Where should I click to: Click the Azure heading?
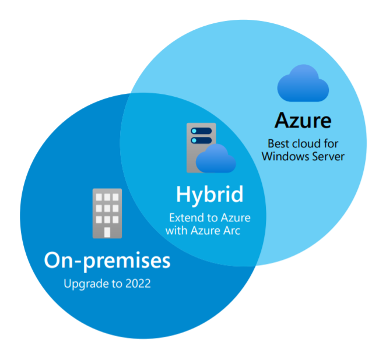coord(303,121)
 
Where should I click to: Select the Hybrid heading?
coord(209,195)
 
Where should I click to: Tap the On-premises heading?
coord(107,260)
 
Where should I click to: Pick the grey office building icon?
coord(107,213)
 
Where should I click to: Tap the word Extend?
coord(184,218)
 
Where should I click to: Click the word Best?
coord(278,143)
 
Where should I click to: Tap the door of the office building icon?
coord(107,231)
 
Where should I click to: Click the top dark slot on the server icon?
coord(201,130)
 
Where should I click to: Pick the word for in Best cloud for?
coord(330,143)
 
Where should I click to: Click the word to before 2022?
coord(117,285)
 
